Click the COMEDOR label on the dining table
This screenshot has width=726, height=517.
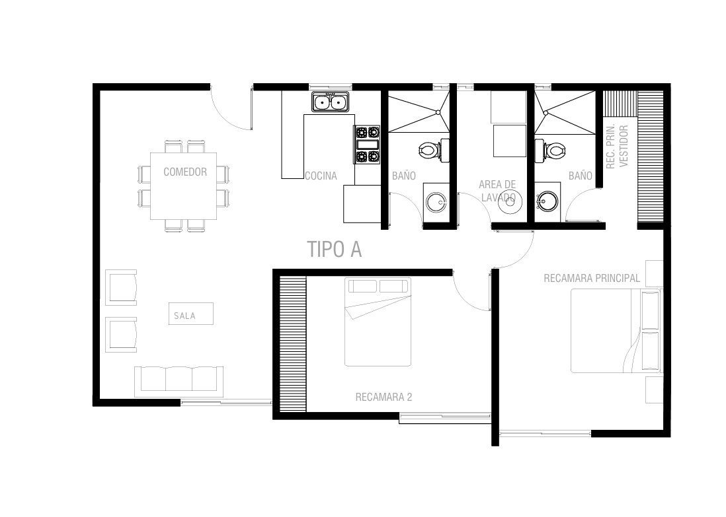(185, 172)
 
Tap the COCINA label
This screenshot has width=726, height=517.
(321, 176)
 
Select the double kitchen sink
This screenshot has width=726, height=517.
(331, 102)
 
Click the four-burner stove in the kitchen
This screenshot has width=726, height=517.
(367, 145)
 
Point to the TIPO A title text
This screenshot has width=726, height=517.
(335, 249)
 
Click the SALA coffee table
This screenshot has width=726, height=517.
(191, 314)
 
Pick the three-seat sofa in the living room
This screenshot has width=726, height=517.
(179, 382)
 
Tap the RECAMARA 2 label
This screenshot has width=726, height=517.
(384, 397)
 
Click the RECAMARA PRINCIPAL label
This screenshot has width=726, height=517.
(592, 278)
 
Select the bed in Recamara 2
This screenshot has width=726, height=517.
(378, 322)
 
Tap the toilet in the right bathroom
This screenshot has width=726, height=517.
(550, 151)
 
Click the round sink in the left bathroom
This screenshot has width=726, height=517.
(436, 202)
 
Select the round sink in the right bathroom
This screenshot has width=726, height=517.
(547, 201)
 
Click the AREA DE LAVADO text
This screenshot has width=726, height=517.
(497, 191)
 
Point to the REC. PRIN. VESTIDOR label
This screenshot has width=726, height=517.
(618, 146)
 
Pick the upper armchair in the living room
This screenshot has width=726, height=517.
(121, 288)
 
